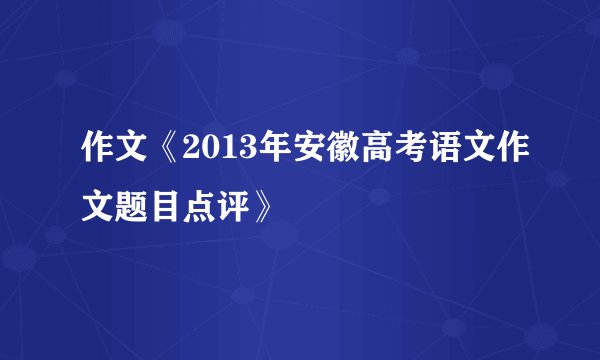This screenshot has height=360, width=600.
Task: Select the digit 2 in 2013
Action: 189,158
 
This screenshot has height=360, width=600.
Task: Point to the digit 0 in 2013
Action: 206,158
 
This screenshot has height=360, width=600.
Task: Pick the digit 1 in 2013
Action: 223,158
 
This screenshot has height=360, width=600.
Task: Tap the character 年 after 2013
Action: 267,158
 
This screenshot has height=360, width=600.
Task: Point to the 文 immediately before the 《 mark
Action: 134,158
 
